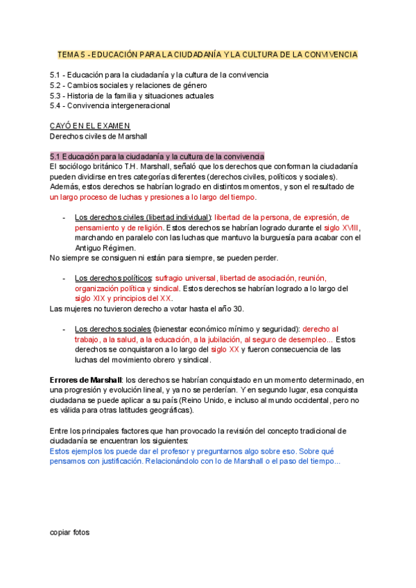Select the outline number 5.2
click(x=55, y=85)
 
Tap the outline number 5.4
click(x=55, y=106)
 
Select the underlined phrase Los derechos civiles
click(x=109, y=217)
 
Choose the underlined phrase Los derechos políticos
click(x=113, y=278)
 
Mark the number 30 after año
click(x=238, y=309)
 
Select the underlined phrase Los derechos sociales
click(x=112, y=329)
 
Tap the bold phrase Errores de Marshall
click(x=86, y=380)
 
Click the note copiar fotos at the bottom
click(x=70, y=533)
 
